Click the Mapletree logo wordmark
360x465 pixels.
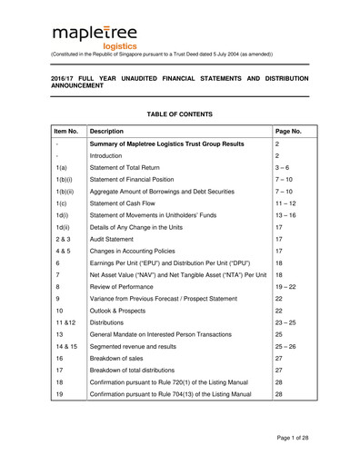[95, 35]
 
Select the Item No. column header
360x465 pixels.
[67, 132]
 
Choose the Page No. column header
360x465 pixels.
[289, 132]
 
